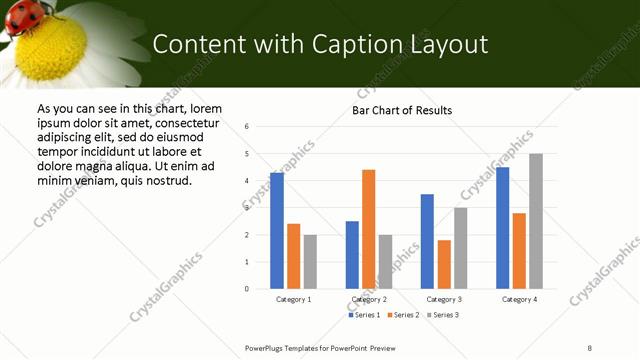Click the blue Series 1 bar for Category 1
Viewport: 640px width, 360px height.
(277, 231)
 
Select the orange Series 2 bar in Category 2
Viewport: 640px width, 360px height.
(368, 229)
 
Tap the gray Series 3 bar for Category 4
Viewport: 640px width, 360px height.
(536, 221)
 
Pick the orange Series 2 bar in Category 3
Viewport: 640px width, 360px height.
(444, 264)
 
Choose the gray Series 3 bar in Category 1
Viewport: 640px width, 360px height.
(310, 261)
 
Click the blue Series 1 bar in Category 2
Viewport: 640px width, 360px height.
(352, 255)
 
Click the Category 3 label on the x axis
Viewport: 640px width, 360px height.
(443, 299)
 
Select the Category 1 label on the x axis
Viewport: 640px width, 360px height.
(293, 299)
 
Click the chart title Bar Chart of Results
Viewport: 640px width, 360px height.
(402, 110)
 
